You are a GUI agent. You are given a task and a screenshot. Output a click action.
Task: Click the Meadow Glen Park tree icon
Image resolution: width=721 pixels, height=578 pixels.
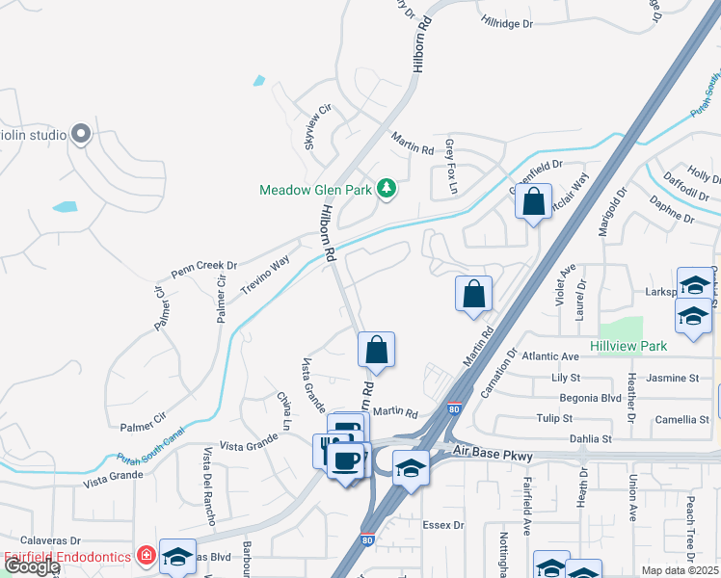click(387, 188)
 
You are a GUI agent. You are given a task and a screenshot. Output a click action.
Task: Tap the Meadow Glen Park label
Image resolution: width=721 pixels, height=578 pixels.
click(316, 190)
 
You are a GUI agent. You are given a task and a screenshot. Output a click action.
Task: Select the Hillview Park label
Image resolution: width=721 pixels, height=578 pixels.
click(628, 344)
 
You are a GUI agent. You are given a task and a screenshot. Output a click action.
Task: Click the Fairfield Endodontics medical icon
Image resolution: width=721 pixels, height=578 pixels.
click(146, 556)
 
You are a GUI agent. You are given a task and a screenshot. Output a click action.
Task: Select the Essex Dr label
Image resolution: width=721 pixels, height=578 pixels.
click(443, 526)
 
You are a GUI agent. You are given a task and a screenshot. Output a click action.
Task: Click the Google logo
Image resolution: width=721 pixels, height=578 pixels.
click(31, 566)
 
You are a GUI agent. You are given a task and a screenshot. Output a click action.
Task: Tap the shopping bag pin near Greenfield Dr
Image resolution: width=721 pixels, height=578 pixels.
click(533, 203)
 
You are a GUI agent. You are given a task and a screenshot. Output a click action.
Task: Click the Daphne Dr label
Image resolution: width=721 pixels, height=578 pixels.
click(672, 212)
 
